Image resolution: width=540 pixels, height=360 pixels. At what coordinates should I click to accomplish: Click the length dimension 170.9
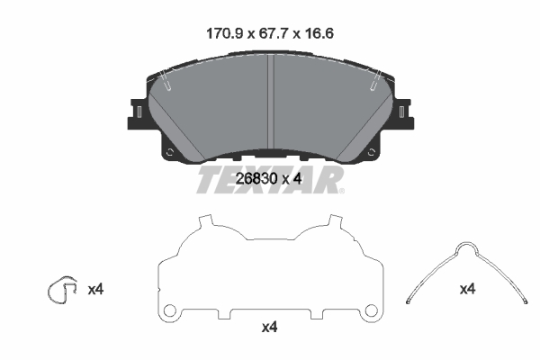(x=224, y=34)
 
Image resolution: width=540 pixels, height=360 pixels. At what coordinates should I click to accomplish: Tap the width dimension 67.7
(x=274, y=34)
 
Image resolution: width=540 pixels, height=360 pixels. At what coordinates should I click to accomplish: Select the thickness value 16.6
(x=319, y=34)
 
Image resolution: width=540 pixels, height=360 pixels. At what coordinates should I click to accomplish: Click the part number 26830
(x=256, y=179)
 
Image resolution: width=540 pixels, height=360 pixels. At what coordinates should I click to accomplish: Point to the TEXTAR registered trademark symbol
(x=341, y=191)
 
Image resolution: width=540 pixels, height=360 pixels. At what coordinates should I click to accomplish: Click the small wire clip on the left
(x=61, y=290)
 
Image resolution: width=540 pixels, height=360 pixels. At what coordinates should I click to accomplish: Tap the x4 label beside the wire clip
(x=95, y=290)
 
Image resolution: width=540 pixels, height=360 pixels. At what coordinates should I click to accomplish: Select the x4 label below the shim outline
(x=269, y=328)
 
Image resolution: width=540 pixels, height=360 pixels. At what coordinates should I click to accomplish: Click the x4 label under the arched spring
(x=467, y=289)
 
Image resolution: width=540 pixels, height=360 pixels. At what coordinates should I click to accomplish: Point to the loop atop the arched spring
(x=466, y=243)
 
